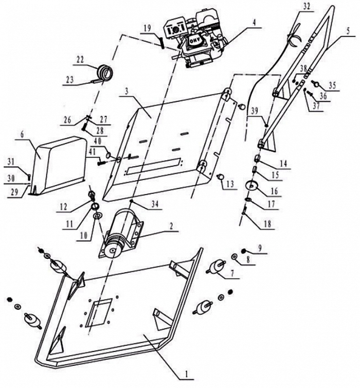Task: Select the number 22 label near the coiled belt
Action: [x=80, y=60]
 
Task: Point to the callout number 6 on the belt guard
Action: [x=22, y=133]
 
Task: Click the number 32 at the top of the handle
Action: [x=308, y=7]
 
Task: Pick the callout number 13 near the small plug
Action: [x=230, y=184]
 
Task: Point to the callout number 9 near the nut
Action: [x=260, y=248]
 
